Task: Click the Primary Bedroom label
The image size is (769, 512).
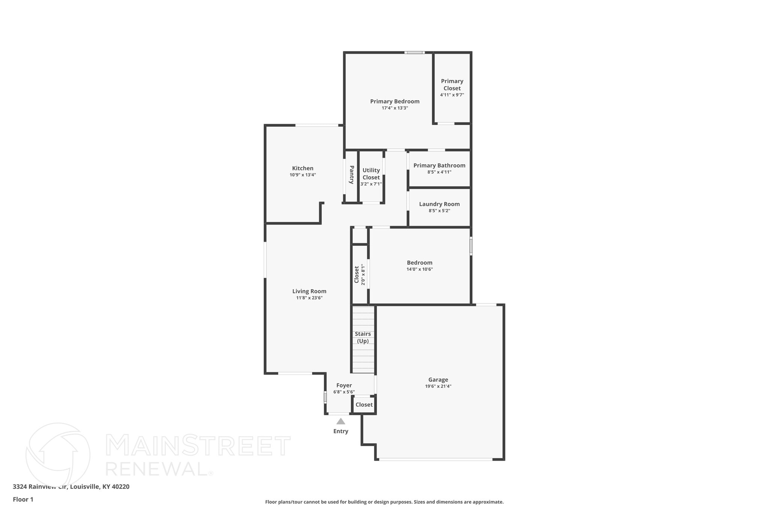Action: coord(395,101)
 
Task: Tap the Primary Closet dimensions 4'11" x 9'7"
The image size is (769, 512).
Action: coord(452,95)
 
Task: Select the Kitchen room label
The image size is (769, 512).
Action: coord(303,168)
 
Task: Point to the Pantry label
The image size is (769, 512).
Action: coord(352,175)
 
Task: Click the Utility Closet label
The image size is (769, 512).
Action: coord(371,174)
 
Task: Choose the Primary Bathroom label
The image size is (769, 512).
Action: coord(439,165)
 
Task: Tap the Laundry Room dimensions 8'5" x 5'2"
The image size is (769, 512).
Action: coord(439,211)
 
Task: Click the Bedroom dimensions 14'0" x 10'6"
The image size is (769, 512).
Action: coord(419,269)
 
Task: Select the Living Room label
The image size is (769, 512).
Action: coord(309,291)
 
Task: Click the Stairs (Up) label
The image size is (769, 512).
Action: coord(363,337)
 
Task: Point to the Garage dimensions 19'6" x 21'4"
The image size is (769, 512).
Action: coord(438,386)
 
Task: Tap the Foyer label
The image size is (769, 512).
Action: coord(344,385)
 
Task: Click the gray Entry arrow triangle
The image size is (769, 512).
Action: coord(341,422)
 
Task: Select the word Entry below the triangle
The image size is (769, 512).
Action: coord(341,431)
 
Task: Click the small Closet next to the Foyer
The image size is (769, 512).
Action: coord(364,405)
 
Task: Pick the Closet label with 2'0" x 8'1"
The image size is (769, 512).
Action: coord(357,275)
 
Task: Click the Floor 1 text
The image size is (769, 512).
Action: coord(23,499)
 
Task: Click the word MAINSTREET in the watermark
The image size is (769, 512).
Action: coord(198,446)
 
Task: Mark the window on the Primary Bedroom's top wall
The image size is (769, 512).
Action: coord(414,53)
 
